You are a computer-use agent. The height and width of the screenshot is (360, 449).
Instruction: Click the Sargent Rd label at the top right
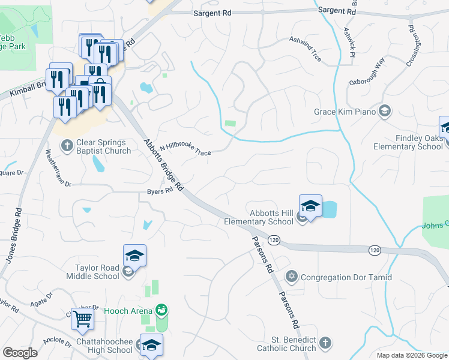point(337,11)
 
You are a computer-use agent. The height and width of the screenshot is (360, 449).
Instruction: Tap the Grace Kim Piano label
point(345,112)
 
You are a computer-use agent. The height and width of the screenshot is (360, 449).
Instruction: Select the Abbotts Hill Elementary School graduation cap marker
point(310,206)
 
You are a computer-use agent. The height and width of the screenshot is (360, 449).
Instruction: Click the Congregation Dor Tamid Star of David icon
point(292,277)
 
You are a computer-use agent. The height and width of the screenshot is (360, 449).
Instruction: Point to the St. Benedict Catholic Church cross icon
point(325,342)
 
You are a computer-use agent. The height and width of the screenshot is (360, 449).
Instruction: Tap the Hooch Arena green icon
point(161,310)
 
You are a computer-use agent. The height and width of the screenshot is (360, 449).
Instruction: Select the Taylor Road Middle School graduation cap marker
point(134,256)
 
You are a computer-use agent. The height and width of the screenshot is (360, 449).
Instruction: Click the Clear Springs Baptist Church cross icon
point(68,145)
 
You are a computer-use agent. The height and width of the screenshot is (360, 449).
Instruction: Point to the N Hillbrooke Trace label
point(185,150)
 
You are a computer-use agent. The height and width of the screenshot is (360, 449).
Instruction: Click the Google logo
point(20,353)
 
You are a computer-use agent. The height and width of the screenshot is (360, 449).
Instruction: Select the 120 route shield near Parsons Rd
point(274,239)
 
